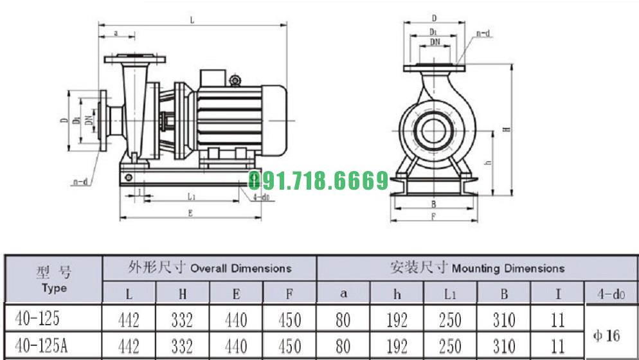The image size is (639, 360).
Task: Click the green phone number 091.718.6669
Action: pos(318,181)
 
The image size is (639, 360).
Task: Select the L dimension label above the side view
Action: pos(192,20)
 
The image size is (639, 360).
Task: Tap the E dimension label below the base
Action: pos(190,213)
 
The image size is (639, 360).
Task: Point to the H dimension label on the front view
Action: pos(507,129)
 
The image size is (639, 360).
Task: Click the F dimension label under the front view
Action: pos(433,217)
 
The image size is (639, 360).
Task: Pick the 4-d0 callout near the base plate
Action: pos(264,198)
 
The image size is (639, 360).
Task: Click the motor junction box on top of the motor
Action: pos(213,78)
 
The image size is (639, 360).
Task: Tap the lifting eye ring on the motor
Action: pos(235,80)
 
